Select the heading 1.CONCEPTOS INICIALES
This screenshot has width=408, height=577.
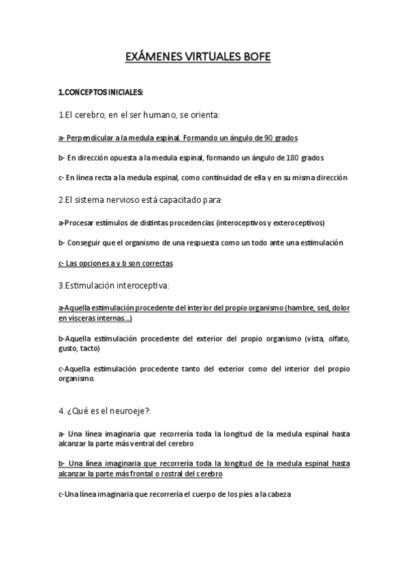[x=101, y=92]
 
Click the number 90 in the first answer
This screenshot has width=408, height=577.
[x=270, y=137]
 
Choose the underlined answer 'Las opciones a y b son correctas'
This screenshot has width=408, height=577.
[x=115, y=262]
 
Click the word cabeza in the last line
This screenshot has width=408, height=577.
[x=278, y=495]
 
